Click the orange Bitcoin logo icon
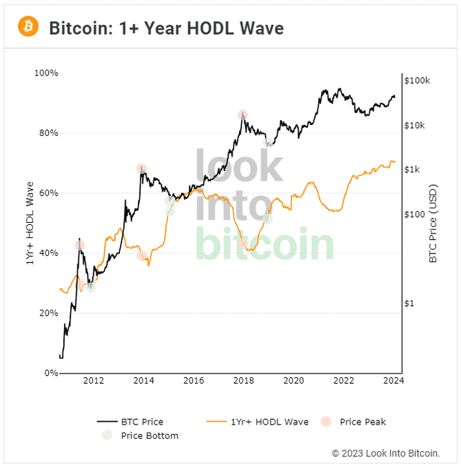tap(27, 27)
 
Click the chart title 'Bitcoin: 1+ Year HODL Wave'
tap(166, 28)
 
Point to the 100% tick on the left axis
tap(46, 73)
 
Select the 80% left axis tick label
tap(47, 133)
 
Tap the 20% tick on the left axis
tap(47, 313)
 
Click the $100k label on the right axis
tap(416, 80)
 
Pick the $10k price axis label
tap(414, 126)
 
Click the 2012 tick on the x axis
tap(93, 381)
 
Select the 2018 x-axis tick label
tap(243, 381)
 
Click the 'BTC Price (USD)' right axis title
tap(433, 223)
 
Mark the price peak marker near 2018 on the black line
tap(243, 115)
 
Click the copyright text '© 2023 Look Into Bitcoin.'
tap(385, 453)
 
